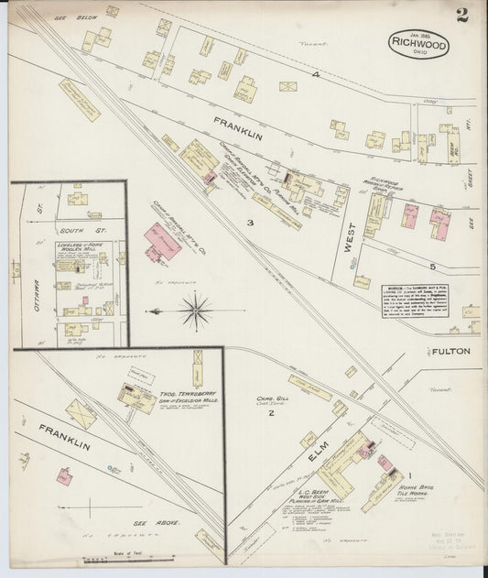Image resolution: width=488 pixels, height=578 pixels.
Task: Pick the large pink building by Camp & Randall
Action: [162, 240]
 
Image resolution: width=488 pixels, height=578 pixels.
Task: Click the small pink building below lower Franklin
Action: [66, 476]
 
